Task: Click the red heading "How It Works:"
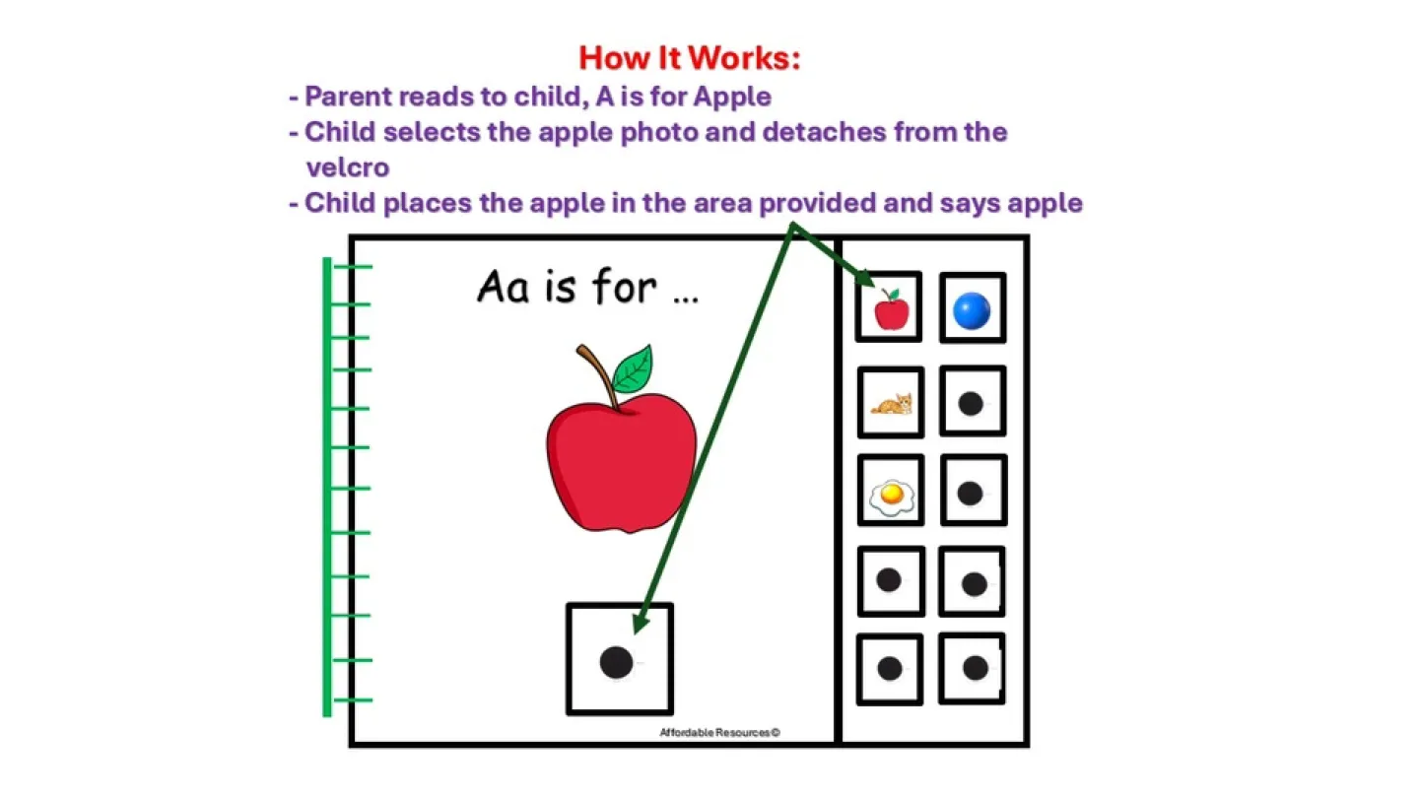coord(689,58)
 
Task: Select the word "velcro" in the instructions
coord(347,167)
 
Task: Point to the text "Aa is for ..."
coord(587,288)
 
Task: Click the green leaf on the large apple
coord(633,368)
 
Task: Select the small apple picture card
coord(890,308)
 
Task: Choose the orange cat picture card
coord(891,403)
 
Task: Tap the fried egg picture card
coord(891,498)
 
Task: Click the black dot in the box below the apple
coord(617,661)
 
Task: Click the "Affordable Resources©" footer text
coord(719,733)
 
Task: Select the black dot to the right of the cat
coord(972,403)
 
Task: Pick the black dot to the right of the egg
coord(971,493)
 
